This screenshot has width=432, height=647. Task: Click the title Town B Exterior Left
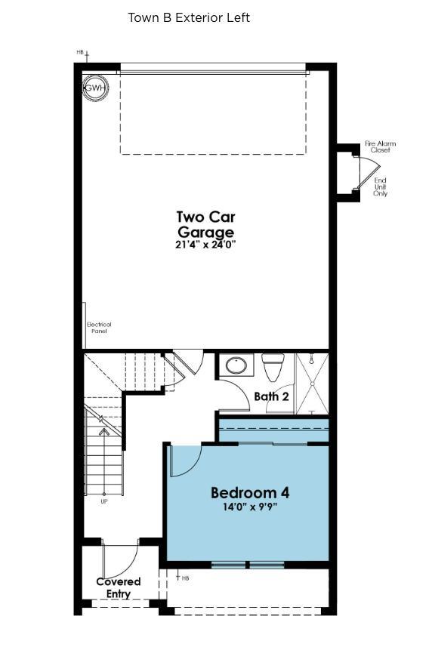point(189,17)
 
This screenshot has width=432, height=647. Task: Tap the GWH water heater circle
point(94,88)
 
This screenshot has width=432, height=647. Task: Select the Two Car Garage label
point(205,225)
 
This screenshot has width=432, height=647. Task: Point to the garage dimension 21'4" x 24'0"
point(205,245)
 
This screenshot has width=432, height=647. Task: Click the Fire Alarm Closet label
point(380,146)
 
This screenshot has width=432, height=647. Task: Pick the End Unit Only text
point(380,187)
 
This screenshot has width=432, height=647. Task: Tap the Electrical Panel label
point(99,328)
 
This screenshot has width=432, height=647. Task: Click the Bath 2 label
point(271,396)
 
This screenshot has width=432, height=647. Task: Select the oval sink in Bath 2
point(236,366)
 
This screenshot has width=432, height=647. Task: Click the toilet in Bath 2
point(272,367)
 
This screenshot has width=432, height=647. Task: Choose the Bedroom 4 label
point(249,493)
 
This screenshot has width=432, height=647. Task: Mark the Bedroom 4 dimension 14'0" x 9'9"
point(249,507)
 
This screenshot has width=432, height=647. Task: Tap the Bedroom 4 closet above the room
point(273,431)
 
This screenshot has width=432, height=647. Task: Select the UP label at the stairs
point(104,501)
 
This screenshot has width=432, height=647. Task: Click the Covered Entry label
point(119,587)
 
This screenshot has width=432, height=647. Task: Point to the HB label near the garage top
point(80,52)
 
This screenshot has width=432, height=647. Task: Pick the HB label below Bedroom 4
point(184,578)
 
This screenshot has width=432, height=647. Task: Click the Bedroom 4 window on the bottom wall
point(248,565)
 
